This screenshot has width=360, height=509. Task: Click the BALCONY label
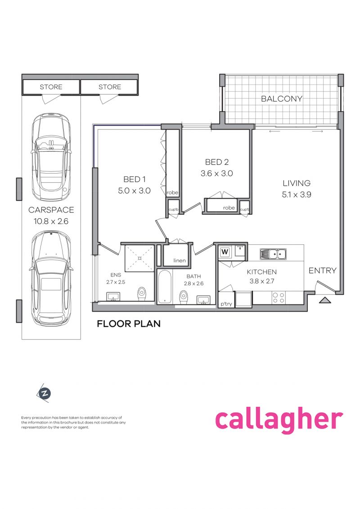[281, 99]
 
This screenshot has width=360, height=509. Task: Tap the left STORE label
[51, 87]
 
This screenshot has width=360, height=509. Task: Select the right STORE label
[110, 87]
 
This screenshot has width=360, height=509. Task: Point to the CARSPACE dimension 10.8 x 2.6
[51, 221]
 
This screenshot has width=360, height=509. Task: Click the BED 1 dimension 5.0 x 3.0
[134, 190]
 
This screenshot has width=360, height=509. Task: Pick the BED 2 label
[217, 162]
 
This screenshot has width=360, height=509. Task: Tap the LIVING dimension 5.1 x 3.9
[297, 194]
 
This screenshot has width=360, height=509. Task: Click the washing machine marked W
[225, 252]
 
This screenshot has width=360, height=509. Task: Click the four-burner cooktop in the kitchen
[278, 297]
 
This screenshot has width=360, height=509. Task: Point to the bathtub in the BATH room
[165, 287]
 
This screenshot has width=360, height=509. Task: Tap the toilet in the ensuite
[142, 294]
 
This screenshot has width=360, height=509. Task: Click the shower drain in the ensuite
[139, 258]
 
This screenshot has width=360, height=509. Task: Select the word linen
[180, 260]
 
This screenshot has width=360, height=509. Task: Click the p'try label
[226, 304]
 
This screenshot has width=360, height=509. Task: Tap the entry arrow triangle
[324, 300]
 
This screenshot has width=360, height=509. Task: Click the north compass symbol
[45, 393]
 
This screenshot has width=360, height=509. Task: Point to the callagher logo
[279, 420]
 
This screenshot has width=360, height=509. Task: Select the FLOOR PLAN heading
[129, 324]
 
